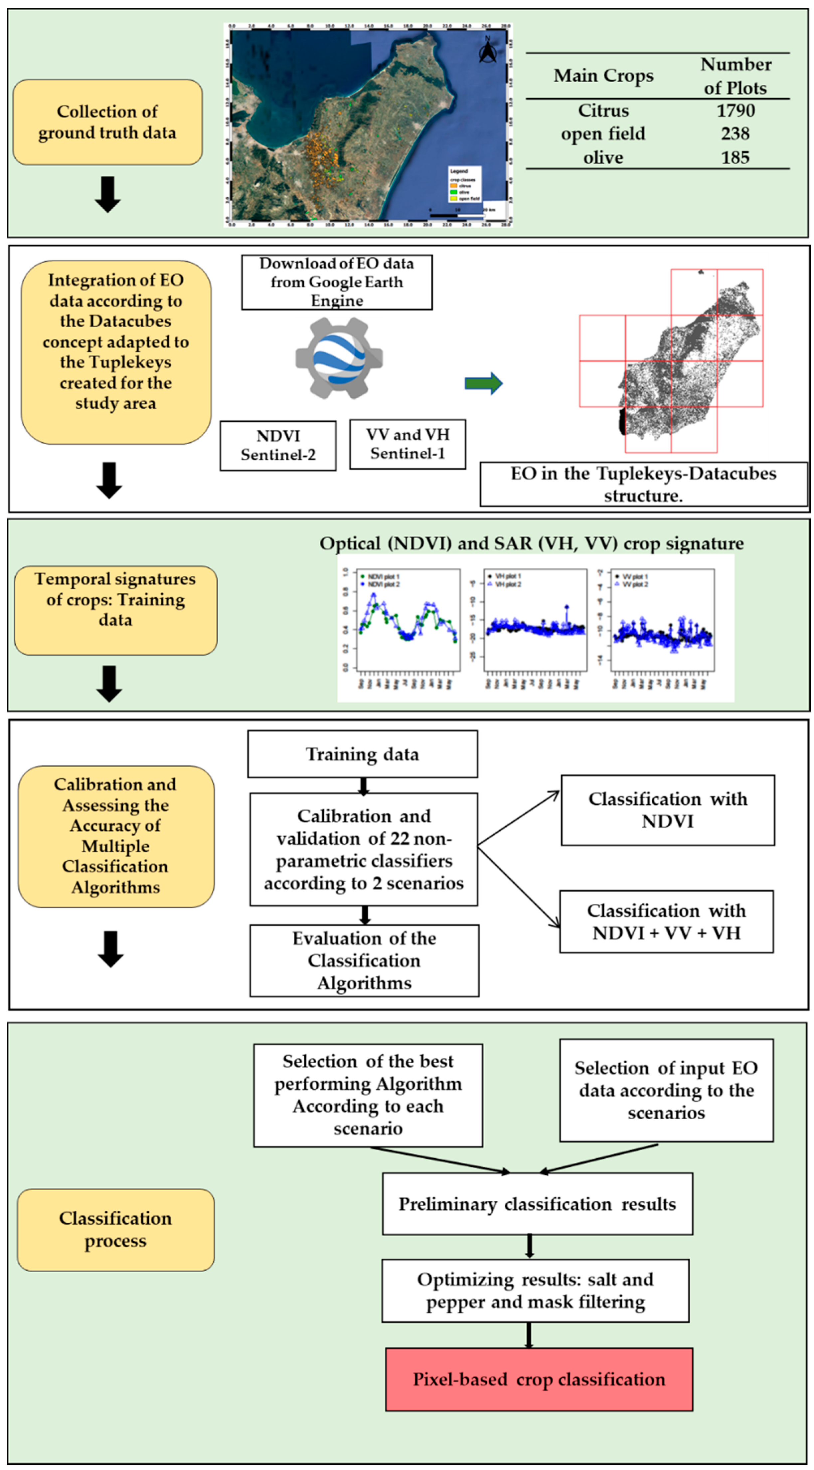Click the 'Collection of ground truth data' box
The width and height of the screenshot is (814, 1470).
107,122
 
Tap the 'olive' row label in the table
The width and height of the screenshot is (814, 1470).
603,157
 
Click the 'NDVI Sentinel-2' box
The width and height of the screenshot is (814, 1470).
278,445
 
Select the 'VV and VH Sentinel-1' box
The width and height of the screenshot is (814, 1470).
407,444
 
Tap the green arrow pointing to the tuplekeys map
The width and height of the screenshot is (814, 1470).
483,383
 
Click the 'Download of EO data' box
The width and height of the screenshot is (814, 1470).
337,282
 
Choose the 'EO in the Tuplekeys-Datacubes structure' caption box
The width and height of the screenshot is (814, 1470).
643,484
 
